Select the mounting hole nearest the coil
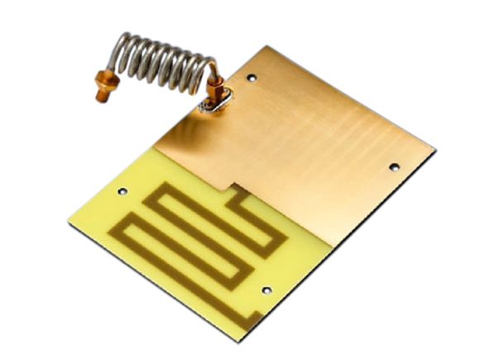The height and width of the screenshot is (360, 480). click(252, 79)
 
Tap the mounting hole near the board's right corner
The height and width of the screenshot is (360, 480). click(394, 166)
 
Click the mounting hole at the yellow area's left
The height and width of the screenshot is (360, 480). click(122, 191)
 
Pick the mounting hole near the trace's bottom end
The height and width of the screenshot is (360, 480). click(266, 290)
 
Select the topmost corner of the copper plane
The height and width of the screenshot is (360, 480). click(267, 46)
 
